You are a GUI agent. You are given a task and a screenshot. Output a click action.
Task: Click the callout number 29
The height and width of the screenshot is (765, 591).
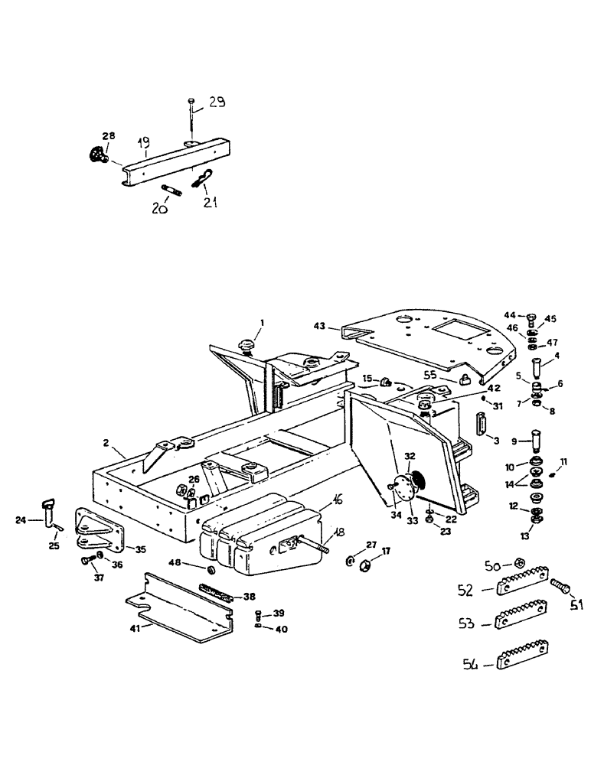[x=217, y=103]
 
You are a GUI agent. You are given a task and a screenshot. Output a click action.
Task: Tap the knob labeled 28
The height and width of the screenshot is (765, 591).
[x=97, y=155]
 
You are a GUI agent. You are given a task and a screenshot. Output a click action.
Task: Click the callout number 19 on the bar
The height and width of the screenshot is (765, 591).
[x=142, y=143]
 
